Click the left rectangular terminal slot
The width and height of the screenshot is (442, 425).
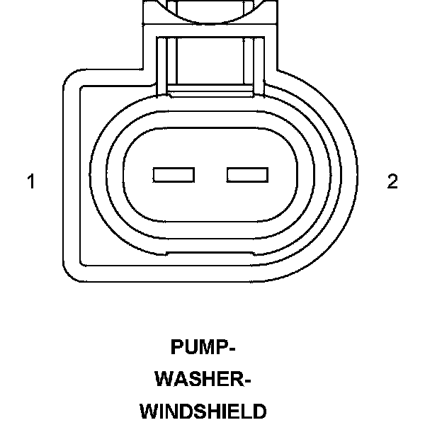pos(174,174)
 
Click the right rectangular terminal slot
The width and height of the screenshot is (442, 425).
pos(247,174)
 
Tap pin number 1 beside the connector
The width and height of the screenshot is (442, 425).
pos(31,182)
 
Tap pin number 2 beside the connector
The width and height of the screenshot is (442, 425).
pos(392,182)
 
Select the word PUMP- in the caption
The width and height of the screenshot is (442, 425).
pos(203,348)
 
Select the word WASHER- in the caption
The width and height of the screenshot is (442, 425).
pos(203,380)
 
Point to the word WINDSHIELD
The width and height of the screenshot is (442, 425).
pos(203,412)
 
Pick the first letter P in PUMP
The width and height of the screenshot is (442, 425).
pos(176,348)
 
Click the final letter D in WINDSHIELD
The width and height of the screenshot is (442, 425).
pos(260,412)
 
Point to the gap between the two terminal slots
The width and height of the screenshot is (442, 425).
pos(210,174)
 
